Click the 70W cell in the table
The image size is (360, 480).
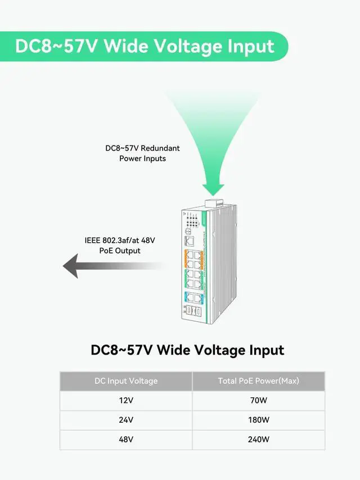point(258,401)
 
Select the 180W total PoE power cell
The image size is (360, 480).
point(258,420)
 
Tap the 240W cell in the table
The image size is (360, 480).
point(258,440)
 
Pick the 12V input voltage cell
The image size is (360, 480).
point(126,401)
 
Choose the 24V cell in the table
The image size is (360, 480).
point(126,420)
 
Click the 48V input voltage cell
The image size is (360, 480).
point(126,440)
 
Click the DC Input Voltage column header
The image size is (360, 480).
point(126,381)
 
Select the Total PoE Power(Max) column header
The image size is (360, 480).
point(258,381)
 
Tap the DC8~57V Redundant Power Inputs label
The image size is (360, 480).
point(142,153)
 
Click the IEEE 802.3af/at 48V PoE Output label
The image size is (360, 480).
point(120,246)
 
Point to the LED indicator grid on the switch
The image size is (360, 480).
point(192,224)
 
